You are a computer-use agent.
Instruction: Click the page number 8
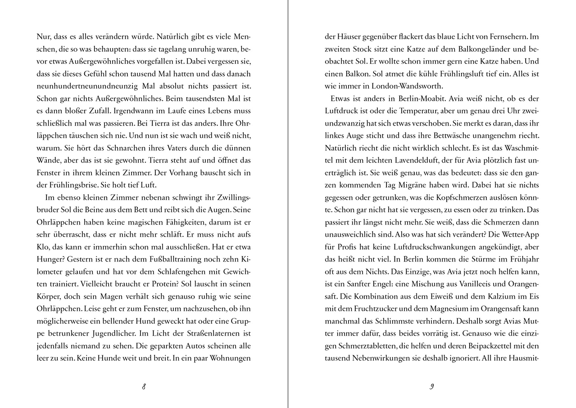point(144,386)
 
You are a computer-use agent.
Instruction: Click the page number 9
point(431,386)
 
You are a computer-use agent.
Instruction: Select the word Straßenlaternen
point(196,334)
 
